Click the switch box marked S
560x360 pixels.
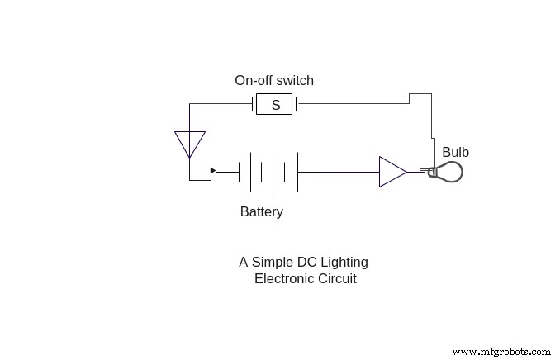click(x=274, y=104)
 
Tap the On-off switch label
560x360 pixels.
click(x=274, y=81)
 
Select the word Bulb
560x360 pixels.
click(x=455, y=153)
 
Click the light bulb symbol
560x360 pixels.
click(x=447, y=172)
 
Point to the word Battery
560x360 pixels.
click(x=262, y=211)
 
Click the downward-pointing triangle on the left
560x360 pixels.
click(x=190, y=143)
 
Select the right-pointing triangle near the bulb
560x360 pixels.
click(x=392, y=172)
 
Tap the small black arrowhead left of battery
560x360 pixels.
click(x=213, y=171)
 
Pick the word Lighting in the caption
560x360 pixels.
click(x=344, y=263)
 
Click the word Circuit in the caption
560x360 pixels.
click(x=338, y=279)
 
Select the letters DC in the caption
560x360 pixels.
click(x=307, y=263)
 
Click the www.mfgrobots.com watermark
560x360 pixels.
click(x=502, y=351)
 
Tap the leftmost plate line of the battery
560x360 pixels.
click(x=240, y=172)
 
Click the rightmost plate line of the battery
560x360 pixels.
click(x=297, y=172)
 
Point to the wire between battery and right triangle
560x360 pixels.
click(x=338, y=172)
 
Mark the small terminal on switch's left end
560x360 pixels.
click(x=254, y=104)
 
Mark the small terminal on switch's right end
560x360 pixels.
click(x=295, y=104)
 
